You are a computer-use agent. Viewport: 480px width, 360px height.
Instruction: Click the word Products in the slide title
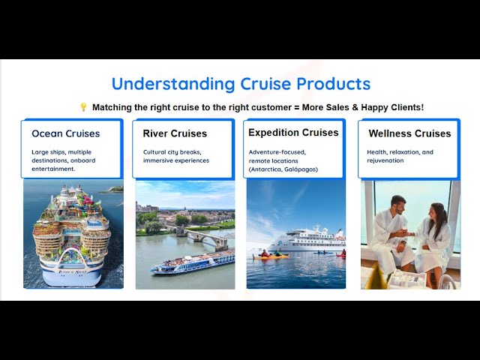click(333, 83)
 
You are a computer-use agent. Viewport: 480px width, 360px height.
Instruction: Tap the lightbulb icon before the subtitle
click(83, 107)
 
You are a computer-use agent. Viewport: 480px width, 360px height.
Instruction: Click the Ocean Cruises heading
click(65, 133)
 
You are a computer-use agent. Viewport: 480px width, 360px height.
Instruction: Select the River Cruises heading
click(175, 133)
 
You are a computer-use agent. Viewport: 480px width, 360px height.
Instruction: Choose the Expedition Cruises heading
click(293, 133)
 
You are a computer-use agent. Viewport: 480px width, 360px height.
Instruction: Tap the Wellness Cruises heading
click(409, 133)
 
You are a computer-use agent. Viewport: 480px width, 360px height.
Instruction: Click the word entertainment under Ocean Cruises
click(53, 169)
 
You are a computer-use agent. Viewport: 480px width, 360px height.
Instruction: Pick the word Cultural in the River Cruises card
click(155, 152)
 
